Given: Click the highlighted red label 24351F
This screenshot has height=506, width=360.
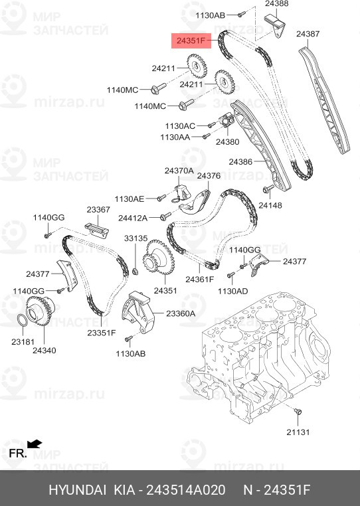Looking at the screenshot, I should pos(191,41).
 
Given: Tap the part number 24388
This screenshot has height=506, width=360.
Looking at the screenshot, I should pos(277,5).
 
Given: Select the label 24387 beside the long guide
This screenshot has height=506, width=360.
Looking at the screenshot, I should pos(310,33).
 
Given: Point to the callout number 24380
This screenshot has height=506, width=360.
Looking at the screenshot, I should pos(228,141).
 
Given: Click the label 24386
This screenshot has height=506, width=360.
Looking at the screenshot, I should pos(242,161).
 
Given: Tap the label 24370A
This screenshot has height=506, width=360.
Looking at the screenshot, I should pos(179,171).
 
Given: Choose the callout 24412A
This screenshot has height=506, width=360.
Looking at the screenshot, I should pos(133,217).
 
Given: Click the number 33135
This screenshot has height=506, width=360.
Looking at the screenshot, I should pos(135,238).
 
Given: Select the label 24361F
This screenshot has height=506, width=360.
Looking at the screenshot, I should pos(199,279).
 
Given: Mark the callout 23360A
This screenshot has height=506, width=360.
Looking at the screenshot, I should pos(181,313).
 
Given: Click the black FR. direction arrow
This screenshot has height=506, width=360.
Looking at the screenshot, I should pos(35,444).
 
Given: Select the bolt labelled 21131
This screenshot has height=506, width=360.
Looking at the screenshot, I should pos(297,413).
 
